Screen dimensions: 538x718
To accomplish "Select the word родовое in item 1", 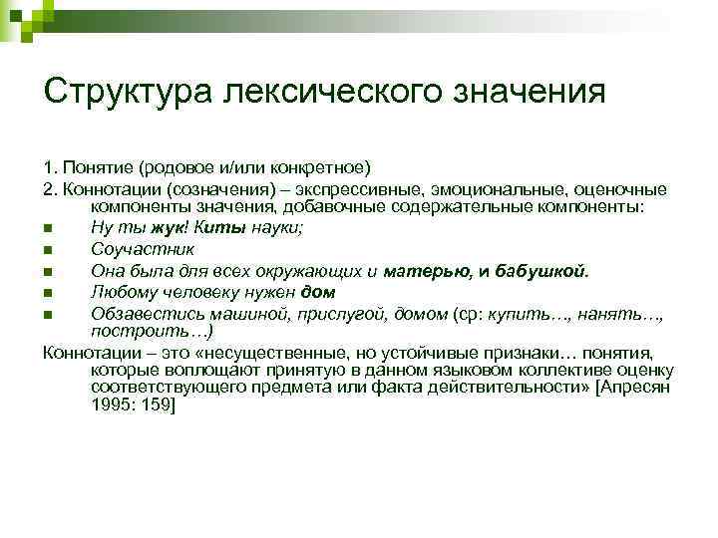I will coord(182,165).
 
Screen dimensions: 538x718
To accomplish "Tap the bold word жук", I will coord(156,227).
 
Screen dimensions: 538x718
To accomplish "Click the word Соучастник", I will coord(143,249).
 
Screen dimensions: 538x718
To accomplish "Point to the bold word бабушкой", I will coord(545,270).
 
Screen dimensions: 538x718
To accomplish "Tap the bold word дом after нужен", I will coord(317,292).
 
